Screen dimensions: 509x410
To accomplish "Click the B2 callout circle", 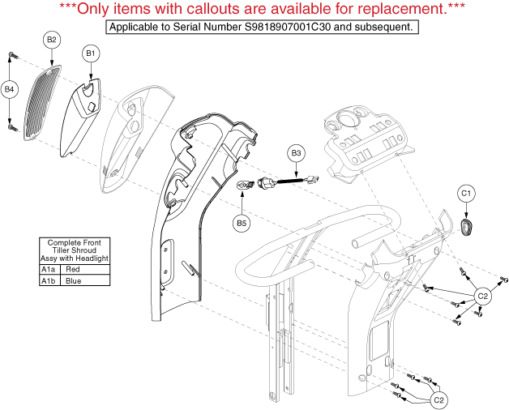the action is pos(52,40).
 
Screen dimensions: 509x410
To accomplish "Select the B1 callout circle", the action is pos(91,53).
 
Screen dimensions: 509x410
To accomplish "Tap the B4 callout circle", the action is pos(10,89).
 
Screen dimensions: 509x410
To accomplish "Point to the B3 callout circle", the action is pos(296,153).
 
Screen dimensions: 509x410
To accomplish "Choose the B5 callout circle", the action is pos(242,224).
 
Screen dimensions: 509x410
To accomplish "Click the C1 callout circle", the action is pos(466,194).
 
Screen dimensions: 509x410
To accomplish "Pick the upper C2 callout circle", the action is pos(483,296).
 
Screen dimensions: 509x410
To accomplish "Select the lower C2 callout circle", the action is pos(438,400).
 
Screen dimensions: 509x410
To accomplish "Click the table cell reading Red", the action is pos(85,270).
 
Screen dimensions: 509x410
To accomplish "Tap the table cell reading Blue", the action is pos(85,280).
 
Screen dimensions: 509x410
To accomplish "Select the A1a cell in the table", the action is pos(49,270).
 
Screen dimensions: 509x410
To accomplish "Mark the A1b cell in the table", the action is pos(49,280).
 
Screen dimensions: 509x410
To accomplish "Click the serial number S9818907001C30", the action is pos(288,27).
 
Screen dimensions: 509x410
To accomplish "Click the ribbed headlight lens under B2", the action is pos(42,102).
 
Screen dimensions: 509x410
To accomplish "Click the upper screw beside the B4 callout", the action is pos(13,56).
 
